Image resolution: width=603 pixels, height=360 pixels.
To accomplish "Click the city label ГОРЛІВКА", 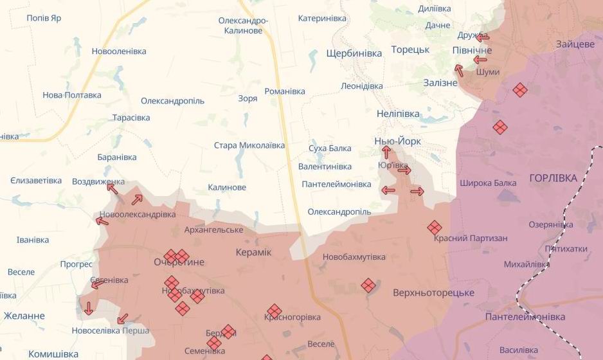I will tap(553, 178).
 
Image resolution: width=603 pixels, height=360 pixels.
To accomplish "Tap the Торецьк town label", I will tap(410, 50).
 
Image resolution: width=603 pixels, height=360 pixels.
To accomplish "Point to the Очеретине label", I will tap(179, 262).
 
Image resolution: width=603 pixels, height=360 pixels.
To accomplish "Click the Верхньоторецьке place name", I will tap(433, 293).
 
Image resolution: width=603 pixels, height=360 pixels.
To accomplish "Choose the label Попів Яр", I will tap(44, 18).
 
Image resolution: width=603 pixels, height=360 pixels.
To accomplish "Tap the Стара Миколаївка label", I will tap(249, 145).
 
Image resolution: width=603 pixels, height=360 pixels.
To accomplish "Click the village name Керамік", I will tap(253, 252).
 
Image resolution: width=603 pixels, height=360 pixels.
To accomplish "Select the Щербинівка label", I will tap(354, 53).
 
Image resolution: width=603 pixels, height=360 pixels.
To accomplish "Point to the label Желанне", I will tap(24, 316).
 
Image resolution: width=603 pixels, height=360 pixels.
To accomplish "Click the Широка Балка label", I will tap(488, 183).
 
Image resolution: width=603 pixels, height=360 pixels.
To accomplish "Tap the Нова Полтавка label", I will tap(72, 95).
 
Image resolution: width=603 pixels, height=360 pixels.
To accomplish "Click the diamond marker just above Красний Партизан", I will tap(435, 227).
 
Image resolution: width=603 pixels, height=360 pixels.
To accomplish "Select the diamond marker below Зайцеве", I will tap(520, 90).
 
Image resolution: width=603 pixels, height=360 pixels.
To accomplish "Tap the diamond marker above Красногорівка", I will tap(274, 310).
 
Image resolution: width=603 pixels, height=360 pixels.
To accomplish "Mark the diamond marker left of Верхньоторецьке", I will tap(368, 285).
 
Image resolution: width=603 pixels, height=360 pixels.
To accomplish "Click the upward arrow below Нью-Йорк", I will tap(386, 152).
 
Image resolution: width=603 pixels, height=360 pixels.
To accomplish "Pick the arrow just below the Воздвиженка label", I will tap(113, 188).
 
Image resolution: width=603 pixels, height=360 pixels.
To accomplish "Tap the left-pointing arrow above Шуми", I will tap(480, 60).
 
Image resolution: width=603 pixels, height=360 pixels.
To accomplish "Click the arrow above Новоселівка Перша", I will tap(122, 319).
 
